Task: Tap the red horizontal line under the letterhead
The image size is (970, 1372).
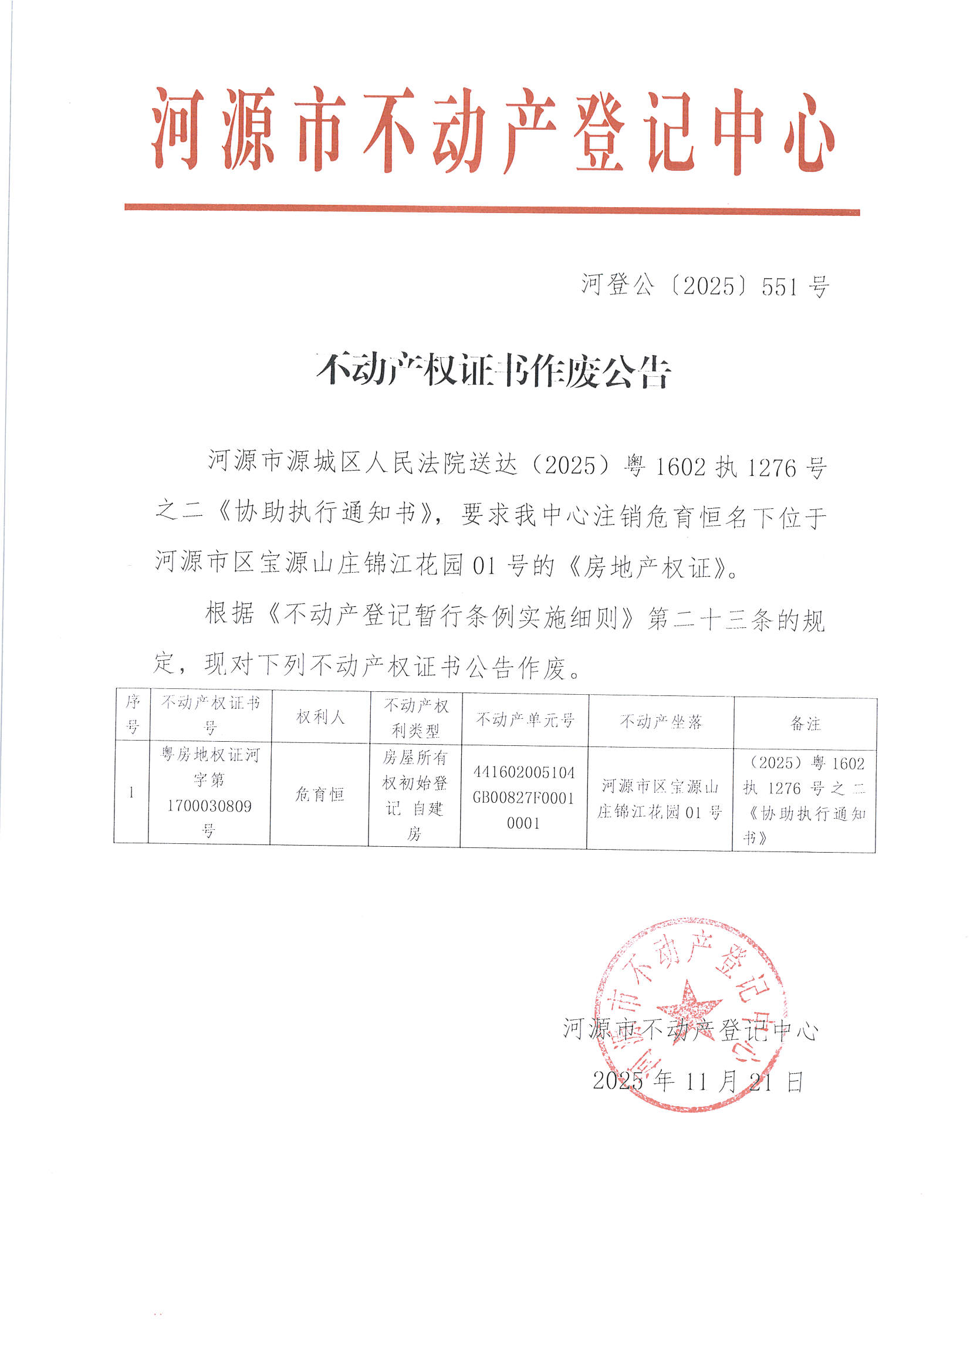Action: [x=492, y=209]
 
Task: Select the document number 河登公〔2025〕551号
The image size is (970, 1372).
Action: [x=705, y=286]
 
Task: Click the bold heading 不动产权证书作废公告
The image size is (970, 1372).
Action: [x=494, y=371]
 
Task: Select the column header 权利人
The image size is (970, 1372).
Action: [x=320, y=717]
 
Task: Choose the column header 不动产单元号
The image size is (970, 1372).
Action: [x=525, y=719]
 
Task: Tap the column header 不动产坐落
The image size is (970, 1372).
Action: [x=660, y=722]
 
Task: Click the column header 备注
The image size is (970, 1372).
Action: [x=805, y=724]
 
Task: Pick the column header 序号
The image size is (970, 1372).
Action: [x=132, y=714]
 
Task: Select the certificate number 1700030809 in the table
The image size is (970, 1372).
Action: [x=209, y=806]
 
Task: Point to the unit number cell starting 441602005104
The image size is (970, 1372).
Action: [x=523, y=797]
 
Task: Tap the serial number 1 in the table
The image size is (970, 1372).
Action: [x=131, y=792]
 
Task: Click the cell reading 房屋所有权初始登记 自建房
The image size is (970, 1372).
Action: [x=415, y=795]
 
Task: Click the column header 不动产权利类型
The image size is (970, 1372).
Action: [x=416, y=718]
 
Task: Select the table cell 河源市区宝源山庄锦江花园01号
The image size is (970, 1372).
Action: [x=660, y=799]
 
